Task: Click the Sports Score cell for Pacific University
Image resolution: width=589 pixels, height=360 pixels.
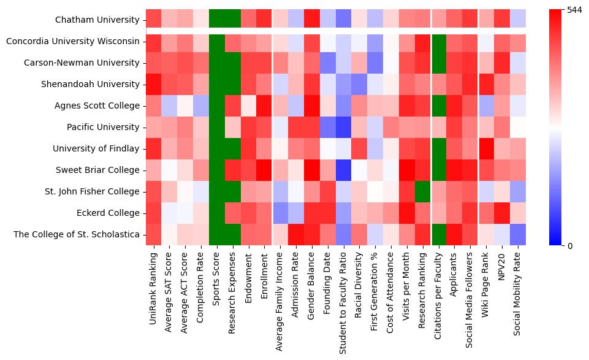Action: pos(217,127)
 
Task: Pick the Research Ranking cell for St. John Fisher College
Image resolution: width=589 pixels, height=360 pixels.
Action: pos(422,191)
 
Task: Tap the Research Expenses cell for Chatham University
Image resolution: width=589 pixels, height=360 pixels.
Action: pos(233,20)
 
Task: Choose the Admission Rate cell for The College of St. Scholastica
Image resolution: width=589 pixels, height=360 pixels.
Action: pos(297,234)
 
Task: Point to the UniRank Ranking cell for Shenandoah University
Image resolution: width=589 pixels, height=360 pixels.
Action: pos(153,84)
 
